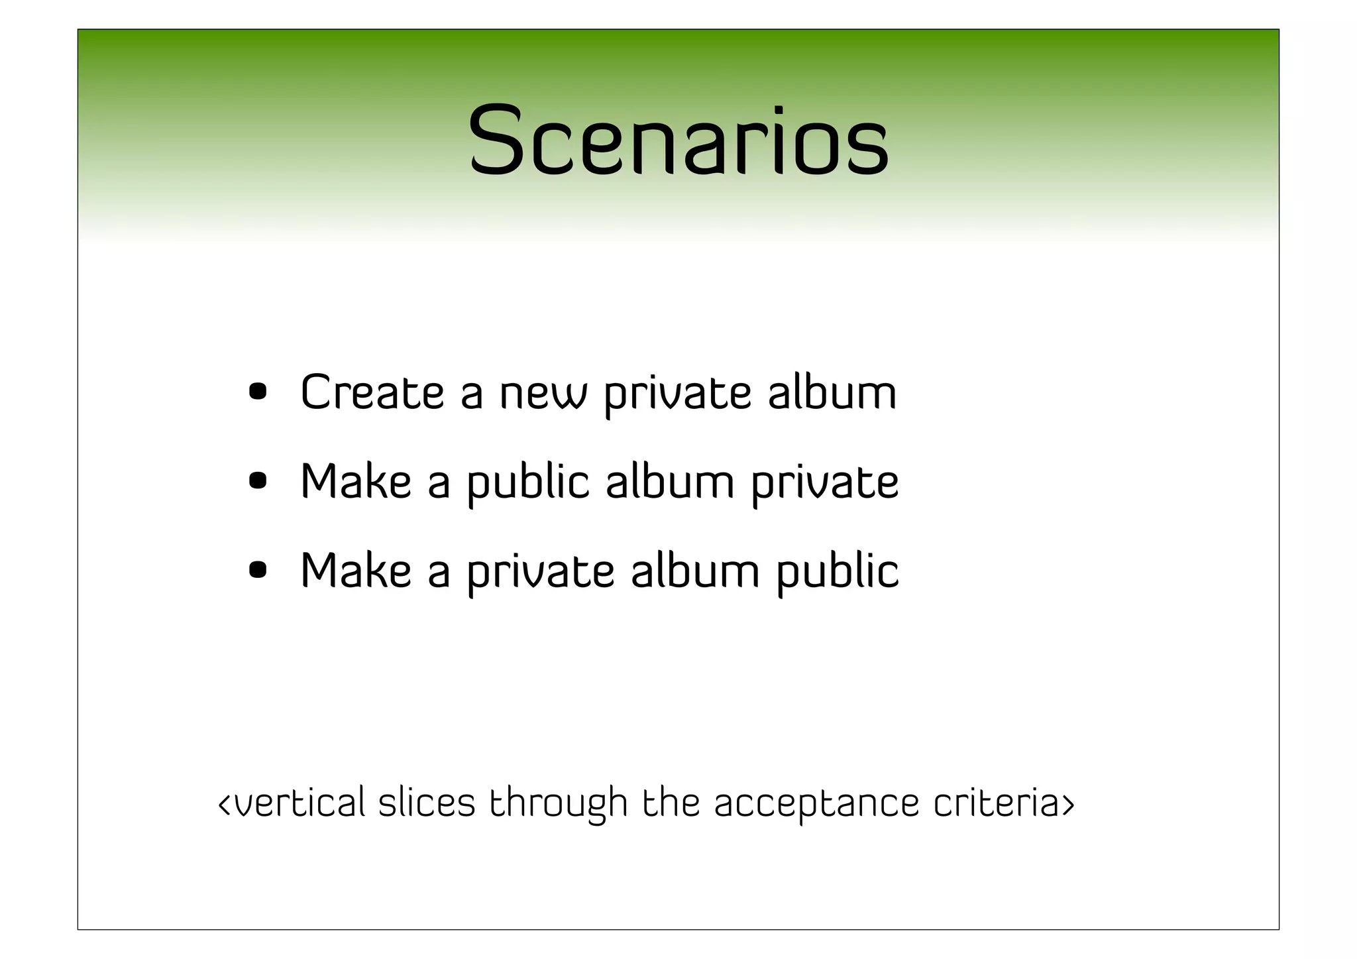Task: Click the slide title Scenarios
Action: [678, 141]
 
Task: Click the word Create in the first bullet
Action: [372, 392]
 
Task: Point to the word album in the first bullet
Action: [832, 392]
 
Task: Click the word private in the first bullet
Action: [677, 395]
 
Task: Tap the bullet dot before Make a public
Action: [258, 481]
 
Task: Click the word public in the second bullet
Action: [528, 483]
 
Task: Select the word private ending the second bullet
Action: [825, 483]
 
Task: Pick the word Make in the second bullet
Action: [356, 482]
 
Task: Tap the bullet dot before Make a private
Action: [258, 570]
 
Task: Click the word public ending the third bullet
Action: [838, 572]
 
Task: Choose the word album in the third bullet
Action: [695, 571]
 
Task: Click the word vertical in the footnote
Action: [299, 803]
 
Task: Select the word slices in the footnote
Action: [427, 803]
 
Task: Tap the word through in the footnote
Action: [558, 804]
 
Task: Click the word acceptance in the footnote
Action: [816, 804]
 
